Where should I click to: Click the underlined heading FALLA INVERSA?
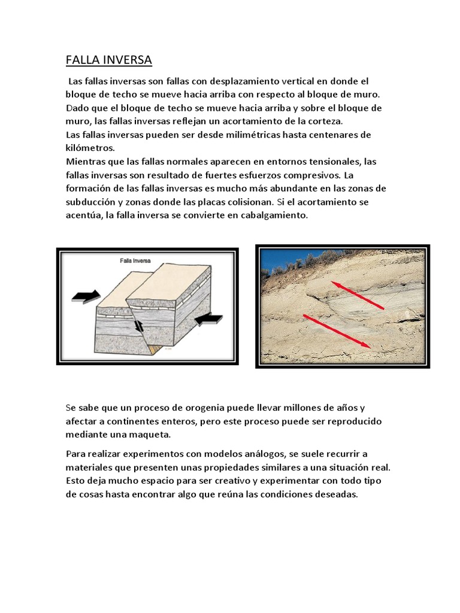point(108,60)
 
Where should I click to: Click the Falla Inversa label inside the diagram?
point(135,261)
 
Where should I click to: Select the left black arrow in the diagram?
point(86,296)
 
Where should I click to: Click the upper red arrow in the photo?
point(358,296)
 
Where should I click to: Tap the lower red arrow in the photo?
point(338,331)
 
